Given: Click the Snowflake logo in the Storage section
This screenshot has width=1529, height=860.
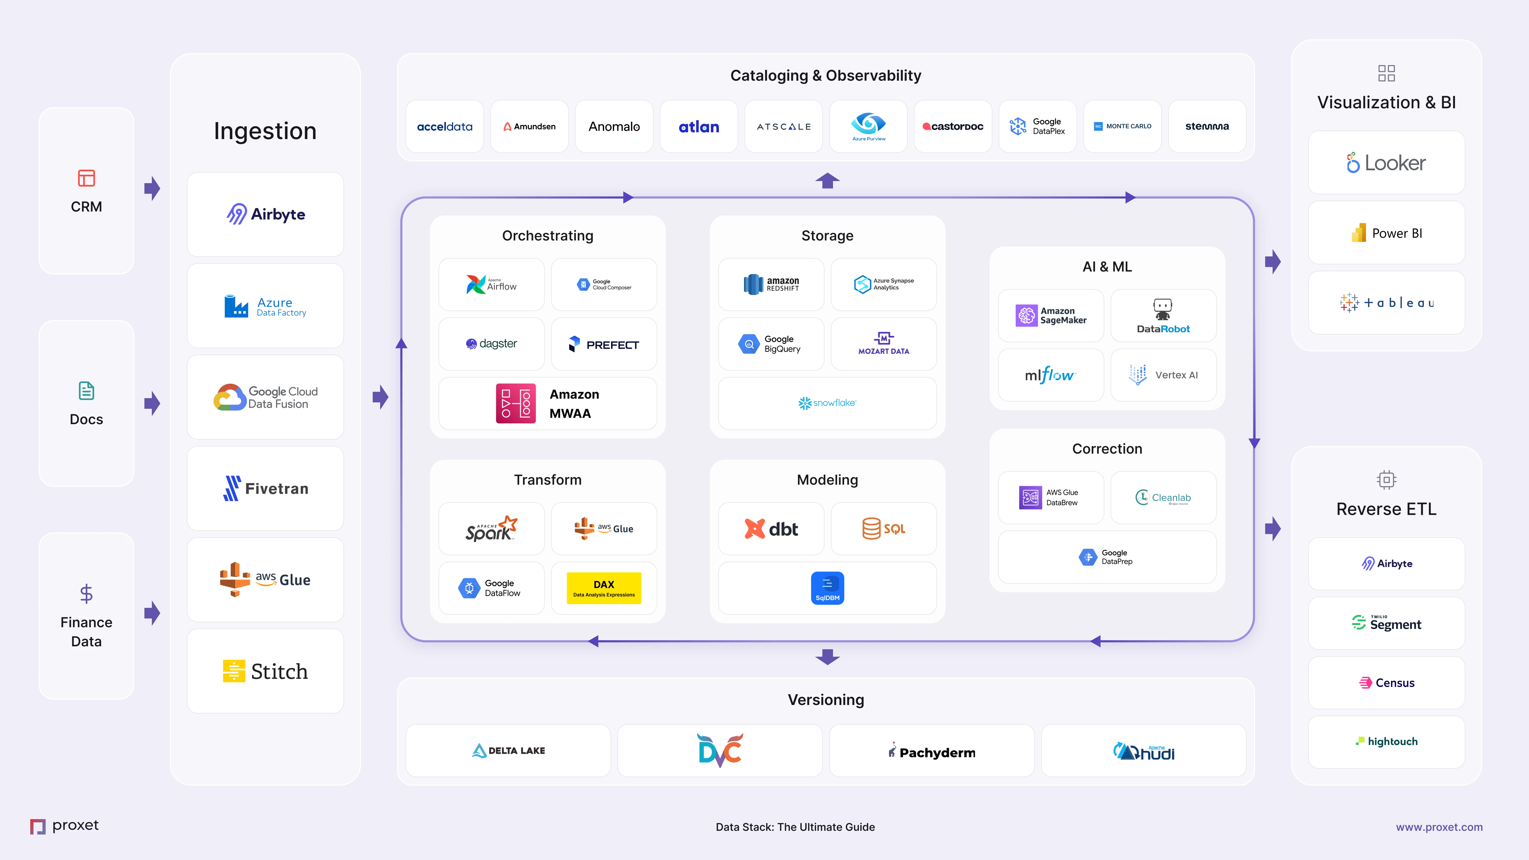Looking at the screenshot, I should (827, 403).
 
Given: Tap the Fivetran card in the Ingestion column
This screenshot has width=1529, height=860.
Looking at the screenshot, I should (265, 488).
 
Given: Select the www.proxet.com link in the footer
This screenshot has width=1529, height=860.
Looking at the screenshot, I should (1439, 827).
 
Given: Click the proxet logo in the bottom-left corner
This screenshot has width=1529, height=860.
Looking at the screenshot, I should (64, 825).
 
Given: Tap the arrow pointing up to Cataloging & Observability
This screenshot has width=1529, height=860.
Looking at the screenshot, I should (827, 180).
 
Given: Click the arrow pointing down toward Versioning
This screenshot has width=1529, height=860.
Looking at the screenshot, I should (827, 657).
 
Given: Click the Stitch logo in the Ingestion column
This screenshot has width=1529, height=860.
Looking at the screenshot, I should (265, 671).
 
